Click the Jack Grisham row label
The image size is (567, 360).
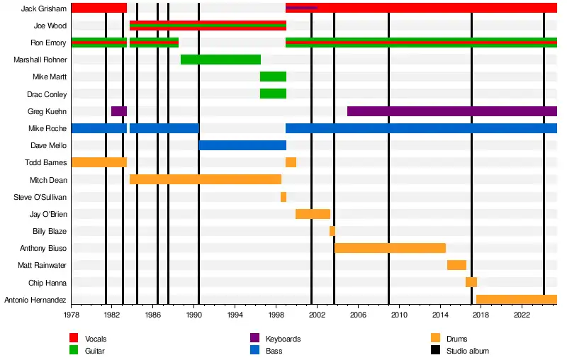pos(44,9)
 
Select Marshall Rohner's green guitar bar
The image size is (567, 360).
pos(220,60)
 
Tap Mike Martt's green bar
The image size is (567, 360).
pos(273,77)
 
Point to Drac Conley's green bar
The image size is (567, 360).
pos(273,94)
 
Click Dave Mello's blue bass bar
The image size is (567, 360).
pos(242,145)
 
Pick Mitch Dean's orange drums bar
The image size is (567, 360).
pos(206,179)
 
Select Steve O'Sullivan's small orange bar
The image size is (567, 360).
pos(283,197)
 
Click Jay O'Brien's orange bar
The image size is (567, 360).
pos(313,214)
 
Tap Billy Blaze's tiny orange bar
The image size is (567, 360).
pos(332,231)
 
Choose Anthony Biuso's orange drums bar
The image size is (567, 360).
pos(390,248)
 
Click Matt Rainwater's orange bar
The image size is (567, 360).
pos(456,265)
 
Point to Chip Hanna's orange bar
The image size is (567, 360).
pos(471,282)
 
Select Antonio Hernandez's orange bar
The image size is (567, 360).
pos(517,299)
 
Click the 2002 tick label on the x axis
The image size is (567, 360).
pos(317,314)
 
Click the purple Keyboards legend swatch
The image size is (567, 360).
pos(254,339)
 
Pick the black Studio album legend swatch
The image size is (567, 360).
pos(435,351)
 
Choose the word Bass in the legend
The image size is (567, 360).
pos(274,351)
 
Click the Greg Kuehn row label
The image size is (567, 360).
pos(48,111)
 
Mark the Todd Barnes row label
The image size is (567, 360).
pos(46,162)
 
